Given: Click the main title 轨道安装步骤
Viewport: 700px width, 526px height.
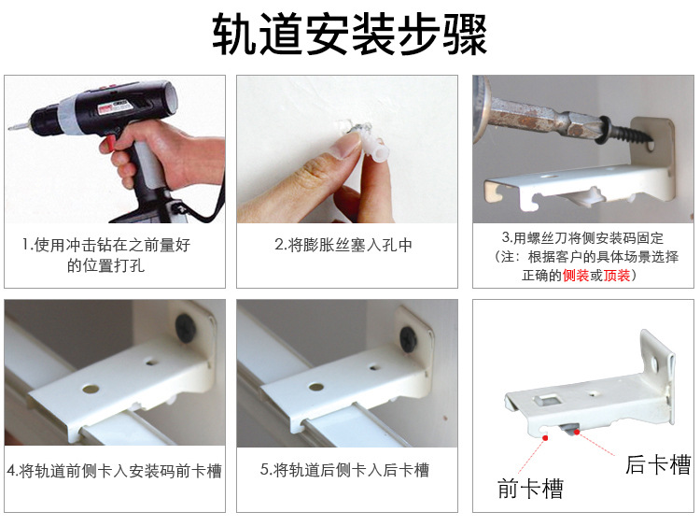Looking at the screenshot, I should (x=350, y=35).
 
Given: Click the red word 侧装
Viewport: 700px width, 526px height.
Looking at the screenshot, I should (x=576, y=276).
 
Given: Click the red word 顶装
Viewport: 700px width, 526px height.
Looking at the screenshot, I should (x=617, y=276).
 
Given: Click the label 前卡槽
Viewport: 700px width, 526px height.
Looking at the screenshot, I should (x=530, y=488).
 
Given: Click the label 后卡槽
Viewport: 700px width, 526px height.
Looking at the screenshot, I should (x=657, y=464).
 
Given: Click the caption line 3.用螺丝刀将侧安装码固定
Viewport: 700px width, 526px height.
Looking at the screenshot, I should (x=583, y=238).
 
